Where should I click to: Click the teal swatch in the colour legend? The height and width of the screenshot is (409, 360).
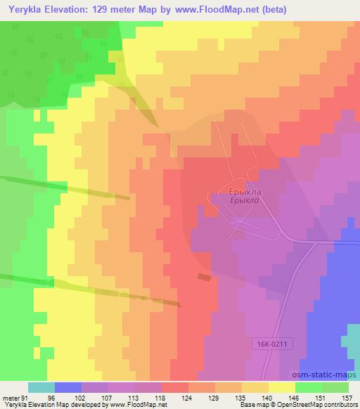41,387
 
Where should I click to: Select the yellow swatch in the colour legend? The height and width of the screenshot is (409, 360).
282,387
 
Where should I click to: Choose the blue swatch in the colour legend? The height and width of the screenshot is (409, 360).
68,387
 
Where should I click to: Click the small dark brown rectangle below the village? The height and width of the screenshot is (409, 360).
204,277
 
